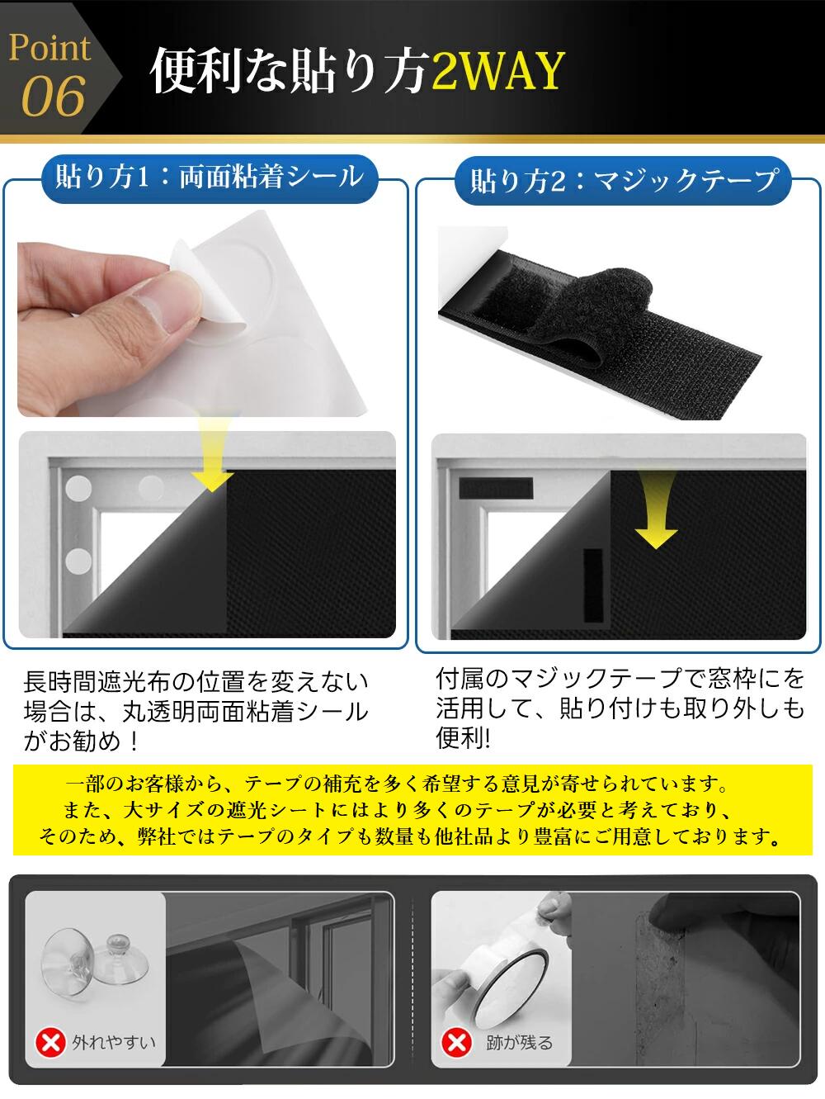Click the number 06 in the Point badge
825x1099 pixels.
(54, 96)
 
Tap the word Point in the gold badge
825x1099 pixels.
(49, 48)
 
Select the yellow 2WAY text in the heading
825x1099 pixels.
(498, 70)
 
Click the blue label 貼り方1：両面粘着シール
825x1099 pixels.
(209, 178)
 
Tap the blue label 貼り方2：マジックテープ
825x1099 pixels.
(623, 180)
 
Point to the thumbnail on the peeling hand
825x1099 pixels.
(151, 313)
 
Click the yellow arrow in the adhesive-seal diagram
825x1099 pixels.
(213, 453)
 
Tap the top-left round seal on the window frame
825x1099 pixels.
(78, 487)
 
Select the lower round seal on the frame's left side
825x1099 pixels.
(78, 561)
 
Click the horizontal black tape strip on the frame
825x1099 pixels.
(496, 488)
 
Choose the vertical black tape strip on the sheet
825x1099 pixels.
(593, 585)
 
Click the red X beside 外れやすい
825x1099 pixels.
(50, 1042)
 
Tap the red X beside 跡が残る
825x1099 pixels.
(456, 1043)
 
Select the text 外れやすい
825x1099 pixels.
(114, 1042)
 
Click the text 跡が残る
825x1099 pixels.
(519, 1042)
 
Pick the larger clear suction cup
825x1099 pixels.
(68, 962)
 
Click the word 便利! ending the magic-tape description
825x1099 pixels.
(464, 737)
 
